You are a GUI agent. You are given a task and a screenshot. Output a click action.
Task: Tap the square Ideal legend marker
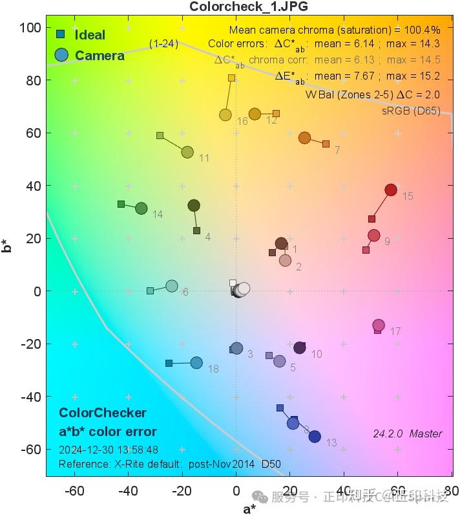60,34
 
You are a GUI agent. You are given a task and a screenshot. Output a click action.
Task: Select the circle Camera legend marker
61,55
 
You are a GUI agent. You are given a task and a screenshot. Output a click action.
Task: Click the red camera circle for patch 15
390,190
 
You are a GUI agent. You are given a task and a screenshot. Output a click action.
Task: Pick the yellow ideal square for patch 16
231,78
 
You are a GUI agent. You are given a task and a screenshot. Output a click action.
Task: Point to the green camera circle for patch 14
141,208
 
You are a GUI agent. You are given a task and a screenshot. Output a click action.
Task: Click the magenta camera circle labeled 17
379,325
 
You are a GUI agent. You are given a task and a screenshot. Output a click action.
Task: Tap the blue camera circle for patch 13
315,437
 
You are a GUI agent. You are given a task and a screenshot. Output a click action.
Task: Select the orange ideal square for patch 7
326,144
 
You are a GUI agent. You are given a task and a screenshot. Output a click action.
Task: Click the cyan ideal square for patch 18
169,364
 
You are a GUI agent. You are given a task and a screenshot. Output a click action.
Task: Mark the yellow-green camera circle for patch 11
187,152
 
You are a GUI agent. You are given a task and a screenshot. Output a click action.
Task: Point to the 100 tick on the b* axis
30,27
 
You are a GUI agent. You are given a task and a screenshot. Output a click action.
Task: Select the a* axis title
249,509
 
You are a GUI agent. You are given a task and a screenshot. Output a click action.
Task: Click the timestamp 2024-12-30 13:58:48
108,449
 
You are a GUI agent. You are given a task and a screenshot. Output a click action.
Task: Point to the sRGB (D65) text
411,110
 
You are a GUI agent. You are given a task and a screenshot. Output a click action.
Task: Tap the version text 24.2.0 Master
407,433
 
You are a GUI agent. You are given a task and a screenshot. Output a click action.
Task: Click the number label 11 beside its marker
204,159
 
